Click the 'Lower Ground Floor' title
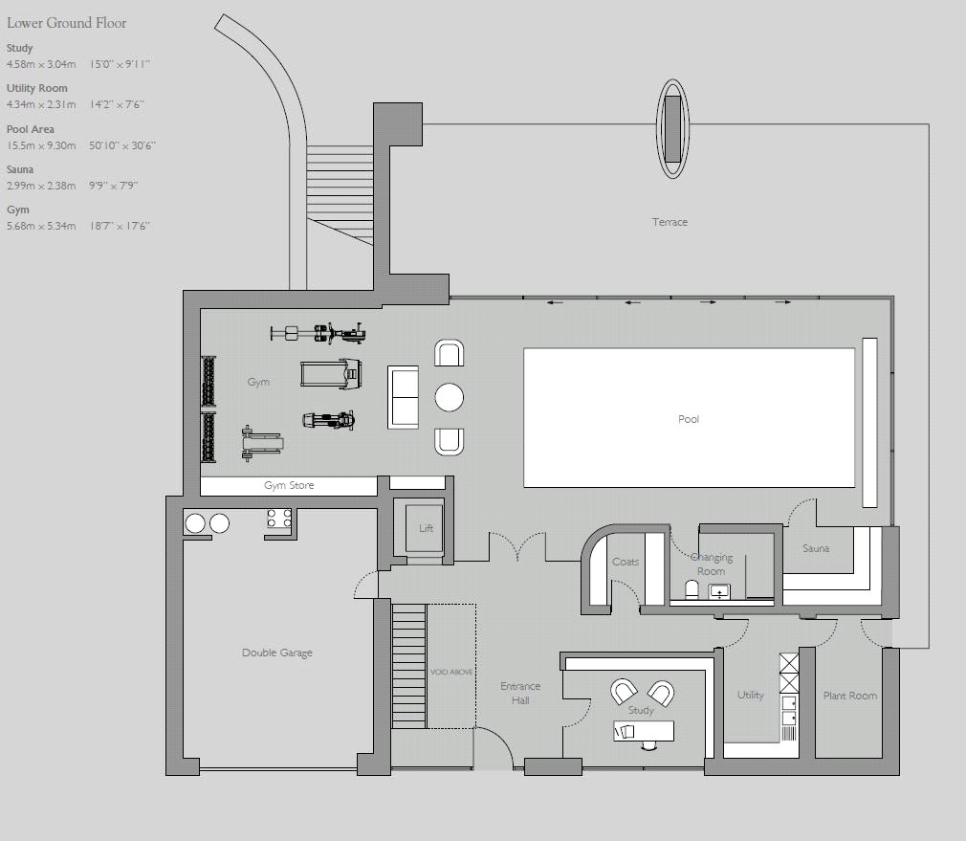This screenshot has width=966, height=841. pos(66,23)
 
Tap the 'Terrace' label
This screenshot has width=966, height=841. pos(670,222)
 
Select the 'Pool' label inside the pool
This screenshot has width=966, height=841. pos(689,419)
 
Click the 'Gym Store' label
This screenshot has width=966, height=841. pos(289,486)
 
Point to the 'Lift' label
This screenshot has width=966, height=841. pos(426,528)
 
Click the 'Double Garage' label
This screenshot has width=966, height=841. pos(276,653)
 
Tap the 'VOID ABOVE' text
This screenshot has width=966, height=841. pos(451,673)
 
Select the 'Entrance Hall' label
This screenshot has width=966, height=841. pos(520,693)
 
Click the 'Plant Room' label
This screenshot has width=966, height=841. pos(849,696)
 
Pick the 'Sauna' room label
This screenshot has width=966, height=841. pos(816,548)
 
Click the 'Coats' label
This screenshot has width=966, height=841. pos(625,562)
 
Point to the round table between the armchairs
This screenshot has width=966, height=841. pos(449,396)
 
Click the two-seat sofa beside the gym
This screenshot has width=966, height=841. pos(403,397)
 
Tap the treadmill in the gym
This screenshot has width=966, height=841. pos(329,373)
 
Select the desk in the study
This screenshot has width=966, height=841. pos(644,731)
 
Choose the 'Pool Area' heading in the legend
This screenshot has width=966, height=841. pos(31,129)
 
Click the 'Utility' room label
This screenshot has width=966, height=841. pos(751,696)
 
